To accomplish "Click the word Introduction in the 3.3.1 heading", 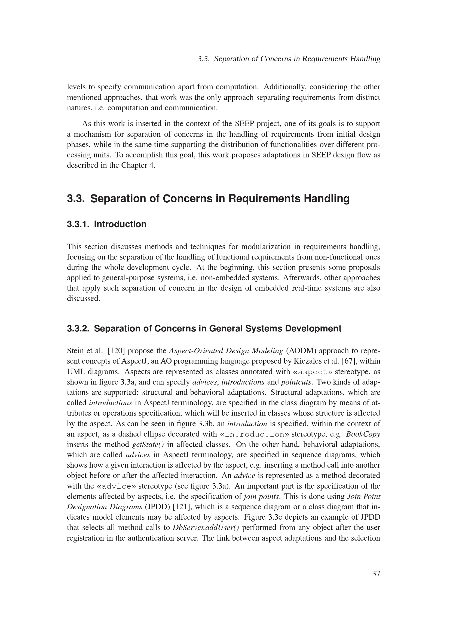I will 120,224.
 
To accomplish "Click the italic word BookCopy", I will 363,434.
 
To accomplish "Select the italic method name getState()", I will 148,444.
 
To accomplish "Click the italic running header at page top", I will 289,59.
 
